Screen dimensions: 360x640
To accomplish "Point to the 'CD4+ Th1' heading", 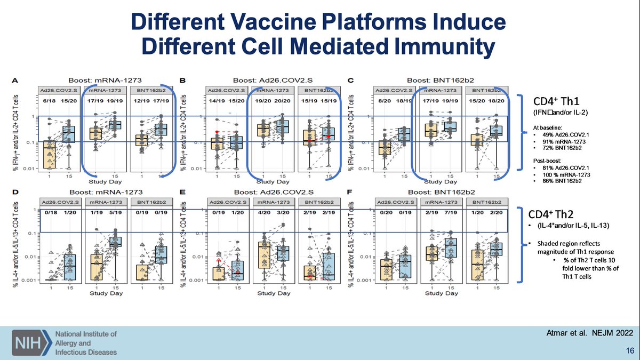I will [x=550, y=101].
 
